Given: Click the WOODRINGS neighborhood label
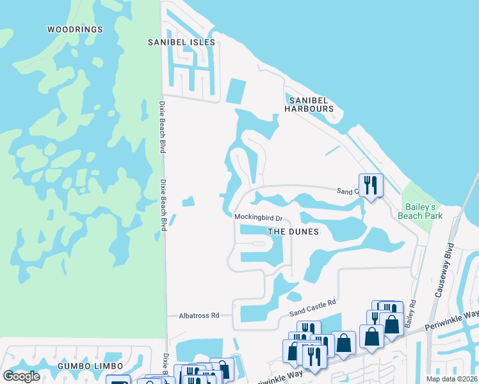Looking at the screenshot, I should (75, 29).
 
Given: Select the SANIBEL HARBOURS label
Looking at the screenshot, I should (311, 104).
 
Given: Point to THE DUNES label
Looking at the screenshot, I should (293, 232).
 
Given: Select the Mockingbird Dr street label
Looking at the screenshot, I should (258, 218).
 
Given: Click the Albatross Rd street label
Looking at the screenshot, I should (199, 316).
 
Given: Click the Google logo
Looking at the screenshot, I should (22, 376).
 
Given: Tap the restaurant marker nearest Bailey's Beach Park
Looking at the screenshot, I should (371, 186).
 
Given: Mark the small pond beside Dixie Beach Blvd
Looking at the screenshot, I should (188, 202).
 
